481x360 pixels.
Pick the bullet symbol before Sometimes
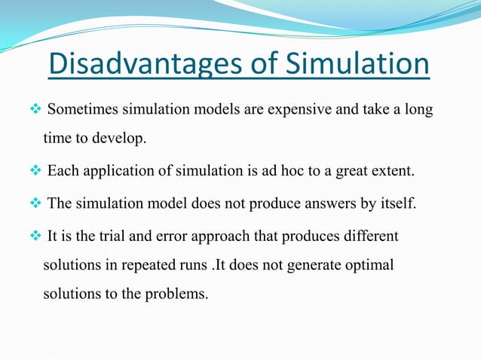coord(36,111)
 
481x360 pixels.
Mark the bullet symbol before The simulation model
coord(36,203)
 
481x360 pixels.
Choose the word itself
coord(397,203)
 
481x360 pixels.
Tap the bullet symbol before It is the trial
coord(36,236)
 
